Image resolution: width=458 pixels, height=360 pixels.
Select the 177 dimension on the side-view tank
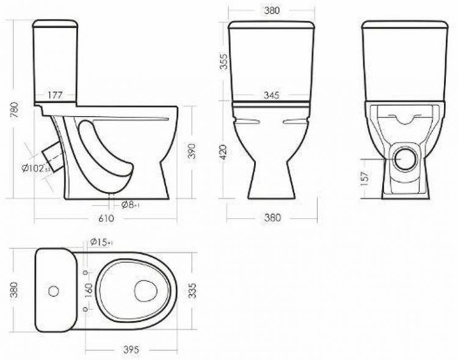[56, 95]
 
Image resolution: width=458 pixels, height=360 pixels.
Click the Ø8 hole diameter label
[128, 204]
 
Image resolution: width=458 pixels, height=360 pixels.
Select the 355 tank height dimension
[224, 62]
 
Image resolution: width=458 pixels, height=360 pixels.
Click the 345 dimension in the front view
[272, 95]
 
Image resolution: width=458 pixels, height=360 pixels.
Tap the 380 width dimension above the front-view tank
[272, 10]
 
